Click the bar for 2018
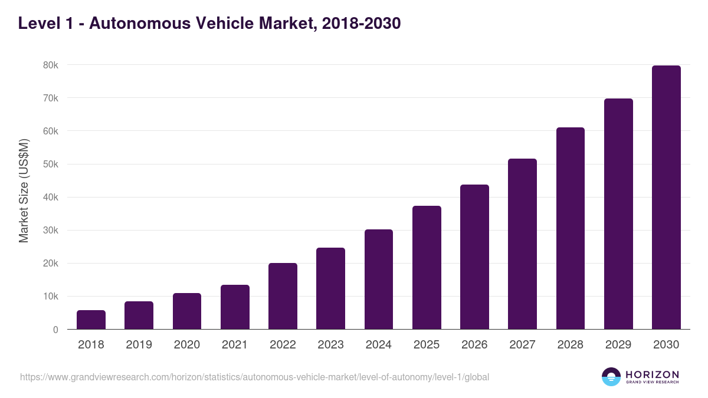click(x=91, y=320)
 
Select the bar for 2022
click(x=283, y=296)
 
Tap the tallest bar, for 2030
click(x=666, y=198)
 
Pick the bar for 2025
click(x=427, y=268)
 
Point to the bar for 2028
click(x=570, y=228)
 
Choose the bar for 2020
click(x=187, y=311)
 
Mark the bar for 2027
click(x=522, y=244)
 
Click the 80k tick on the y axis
click(x=51, y=65)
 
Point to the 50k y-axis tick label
click(x=51, y=164)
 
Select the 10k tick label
click(x=51, y=297)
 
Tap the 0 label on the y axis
click(x=55, y=330)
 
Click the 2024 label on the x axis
click(x=379, y=345)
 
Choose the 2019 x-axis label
click(x=139, y=345)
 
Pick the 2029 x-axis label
click(x=618, y=345)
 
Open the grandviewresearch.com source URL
click(x=254, y=377)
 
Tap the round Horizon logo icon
click(x=611, y=377)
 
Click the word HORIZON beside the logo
click(x=652, y=374)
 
